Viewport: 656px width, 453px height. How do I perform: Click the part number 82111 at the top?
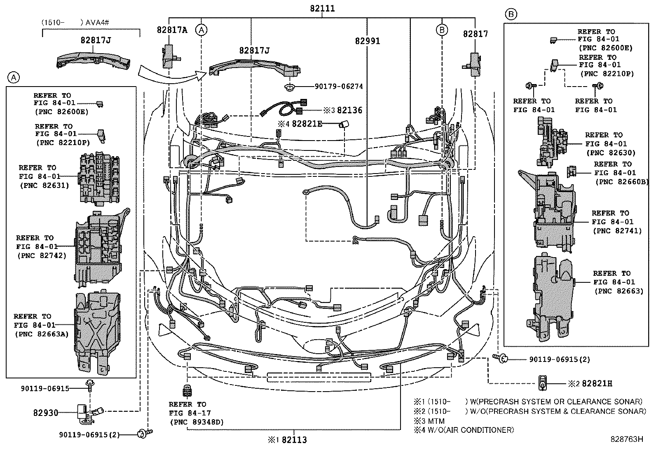pos(323,9)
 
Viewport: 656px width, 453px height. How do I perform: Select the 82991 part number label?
pos(368,41)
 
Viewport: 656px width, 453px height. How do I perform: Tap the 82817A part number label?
pos(172,30)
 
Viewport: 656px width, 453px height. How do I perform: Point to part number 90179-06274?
pos(339,87)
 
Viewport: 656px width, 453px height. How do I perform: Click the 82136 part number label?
pos(349,110)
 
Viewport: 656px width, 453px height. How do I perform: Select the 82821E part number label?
pos(307,124)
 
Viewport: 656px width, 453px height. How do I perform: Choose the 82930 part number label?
pos(46,412)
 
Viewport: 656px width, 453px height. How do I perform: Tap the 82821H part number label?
pos(597,384)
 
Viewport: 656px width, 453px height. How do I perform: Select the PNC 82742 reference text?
pos(42,256)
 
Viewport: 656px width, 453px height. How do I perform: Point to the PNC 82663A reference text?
pos(42,334)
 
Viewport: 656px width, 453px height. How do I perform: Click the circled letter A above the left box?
pos(14,77)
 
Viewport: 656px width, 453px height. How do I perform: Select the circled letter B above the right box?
pos(511,14)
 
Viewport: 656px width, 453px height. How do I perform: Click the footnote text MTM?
pos(436,421)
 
